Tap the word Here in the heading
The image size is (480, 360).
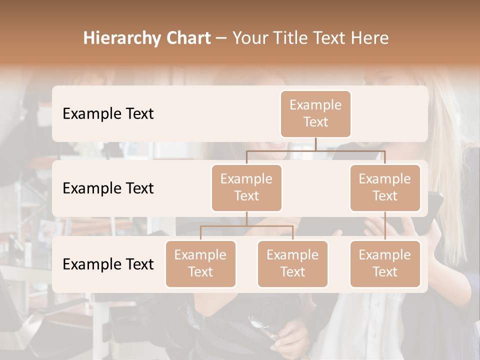(370, 38)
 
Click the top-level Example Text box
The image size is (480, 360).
(315, 113)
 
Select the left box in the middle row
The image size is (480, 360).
(246, 187)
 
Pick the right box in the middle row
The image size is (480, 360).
(385, 187)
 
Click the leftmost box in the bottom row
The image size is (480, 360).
(200, 263)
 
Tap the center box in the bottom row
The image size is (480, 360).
(292, 263)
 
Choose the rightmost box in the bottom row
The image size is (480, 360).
(385, 263)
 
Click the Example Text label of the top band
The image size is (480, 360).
(108, 114)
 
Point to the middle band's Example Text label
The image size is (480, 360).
(108, 188)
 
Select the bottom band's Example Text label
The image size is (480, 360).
(108, 264)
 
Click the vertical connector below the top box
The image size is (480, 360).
(315, 144)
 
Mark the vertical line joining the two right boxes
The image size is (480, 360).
(385, 226)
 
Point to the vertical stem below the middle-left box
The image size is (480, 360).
(246, 218)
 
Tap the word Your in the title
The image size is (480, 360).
(249, 38)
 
